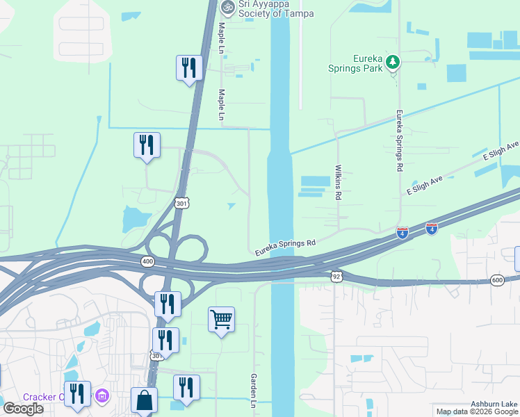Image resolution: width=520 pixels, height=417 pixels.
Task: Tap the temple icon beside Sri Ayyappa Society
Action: point(226,6)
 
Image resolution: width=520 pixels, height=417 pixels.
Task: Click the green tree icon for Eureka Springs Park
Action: point(393,63)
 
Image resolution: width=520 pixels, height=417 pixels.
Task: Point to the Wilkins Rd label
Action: point(339,183)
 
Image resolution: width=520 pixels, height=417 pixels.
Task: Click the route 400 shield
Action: point(147,261)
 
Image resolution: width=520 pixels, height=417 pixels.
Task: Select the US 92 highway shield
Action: point(336,275)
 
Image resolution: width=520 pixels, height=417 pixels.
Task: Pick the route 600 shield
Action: point(496,279)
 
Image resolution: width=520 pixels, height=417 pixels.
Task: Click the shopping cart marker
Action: point(221,320)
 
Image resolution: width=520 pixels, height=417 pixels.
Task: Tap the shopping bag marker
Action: point(144,401)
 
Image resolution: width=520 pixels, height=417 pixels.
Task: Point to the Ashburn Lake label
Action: point(494,404)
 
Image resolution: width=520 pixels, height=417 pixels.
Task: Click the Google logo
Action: point(23,409)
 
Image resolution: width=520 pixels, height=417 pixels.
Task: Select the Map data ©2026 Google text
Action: point(476,411)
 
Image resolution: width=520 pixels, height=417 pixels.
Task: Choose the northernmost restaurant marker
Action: point(188,68)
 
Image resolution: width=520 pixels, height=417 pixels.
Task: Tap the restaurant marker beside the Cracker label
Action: point(77,394)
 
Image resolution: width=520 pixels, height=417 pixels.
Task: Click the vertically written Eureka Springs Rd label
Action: point(400,140)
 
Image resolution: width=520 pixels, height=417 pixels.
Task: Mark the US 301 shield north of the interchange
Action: point(181,203)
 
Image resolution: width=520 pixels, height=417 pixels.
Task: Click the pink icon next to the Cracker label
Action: point(103,397)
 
